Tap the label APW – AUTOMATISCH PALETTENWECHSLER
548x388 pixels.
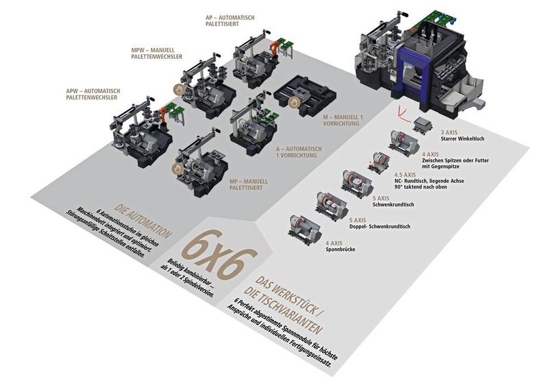(93, 94)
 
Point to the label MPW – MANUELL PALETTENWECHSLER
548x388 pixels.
(157, 53)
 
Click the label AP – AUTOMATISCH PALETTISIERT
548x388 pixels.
(230, 21)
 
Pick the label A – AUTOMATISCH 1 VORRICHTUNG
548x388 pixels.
(299, 152)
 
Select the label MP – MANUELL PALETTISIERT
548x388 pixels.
(249, 184)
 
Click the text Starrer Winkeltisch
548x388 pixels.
(462, 138)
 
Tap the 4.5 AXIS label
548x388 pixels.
(405, 175)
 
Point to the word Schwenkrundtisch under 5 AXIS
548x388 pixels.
(393, 204)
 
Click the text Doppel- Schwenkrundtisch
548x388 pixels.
(380, 226)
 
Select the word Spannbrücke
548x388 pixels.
(340, 250)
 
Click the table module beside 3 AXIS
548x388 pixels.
(422, 125)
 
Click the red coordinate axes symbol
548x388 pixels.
(402, 114)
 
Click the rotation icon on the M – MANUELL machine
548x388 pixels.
(294, 103)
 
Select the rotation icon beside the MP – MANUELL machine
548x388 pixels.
(177, 169)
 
